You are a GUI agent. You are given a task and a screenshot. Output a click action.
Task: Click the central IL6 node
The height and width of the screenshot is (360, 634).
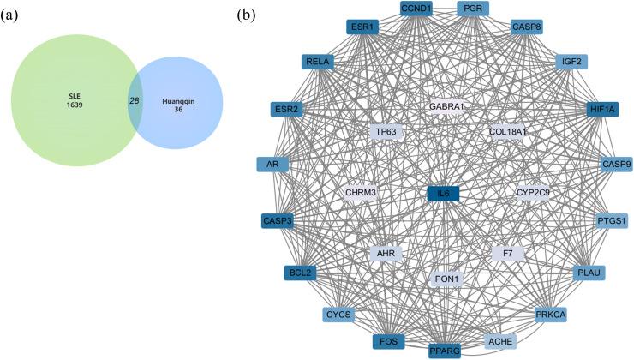[443, 194]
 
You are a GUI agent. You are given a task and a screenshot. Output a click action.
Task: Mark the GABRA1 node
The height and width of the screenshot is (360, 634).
[446, 107]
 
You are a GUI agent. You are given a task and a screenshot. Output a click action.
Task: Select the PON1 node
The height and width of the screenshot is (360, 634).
[446, 279]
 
